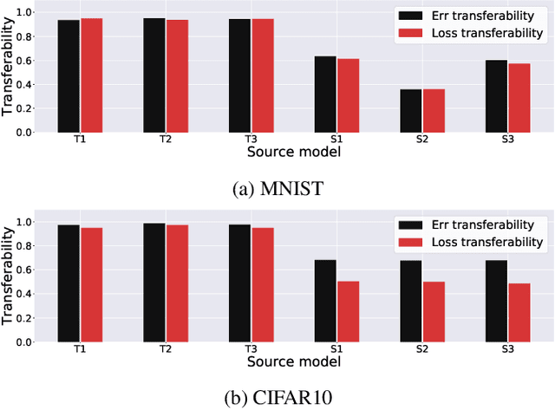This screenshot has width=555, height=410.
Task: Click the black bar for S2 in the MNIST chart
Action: [x=410, y=111]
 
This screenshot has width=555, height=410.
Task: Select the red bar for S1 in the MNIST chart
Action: [x=348, y=95]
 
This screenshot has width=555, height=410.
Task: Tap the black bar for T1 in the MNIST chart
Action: [x=69, y=76]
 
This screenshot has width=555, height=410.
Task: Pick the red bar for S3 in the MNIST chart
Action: [x=519, y=98]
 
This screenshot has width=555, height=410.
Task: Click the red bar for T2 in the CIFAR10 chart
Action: [x=177, y=283]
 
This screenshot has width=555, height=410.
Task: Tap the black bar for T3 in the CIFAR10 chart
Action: [x=239, y=283]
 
